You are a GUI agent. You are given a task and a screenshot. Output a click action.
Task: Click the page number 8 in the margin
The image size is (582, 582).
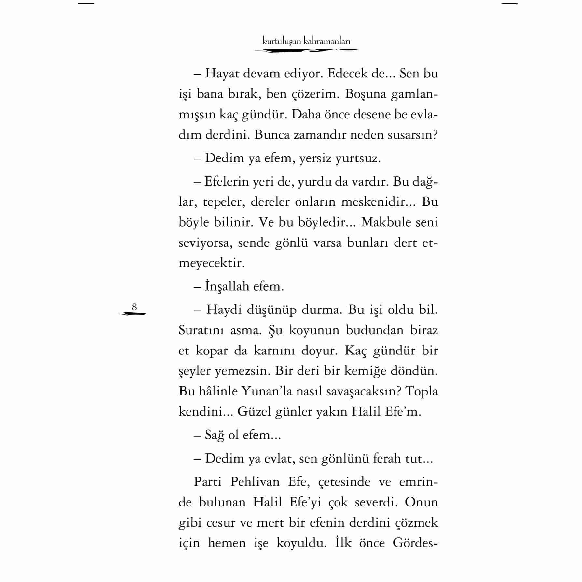[x=134, y=307]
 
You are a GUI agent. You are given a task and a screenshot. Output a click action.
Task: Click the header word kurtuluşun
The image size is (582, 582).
[x=282, y=41]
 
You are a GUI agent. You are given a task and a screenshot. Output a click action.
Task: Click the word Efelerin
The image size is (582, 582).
[x=227, y=181]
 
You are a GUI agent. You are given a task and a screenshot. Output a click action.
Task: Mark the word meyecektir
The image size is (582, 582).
[x=212, y=263]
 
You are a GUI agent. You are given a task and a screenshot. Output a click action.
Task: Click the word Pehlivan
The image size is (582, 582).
[x=255, y=482]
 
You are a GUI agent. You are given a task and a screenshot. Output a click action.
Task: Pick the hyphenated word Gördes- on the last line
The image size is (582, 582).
[x=415, y=543]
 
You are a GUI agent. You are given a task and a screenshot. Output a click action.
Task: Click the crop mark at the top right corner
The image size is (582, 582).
[x=509, y=3]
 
